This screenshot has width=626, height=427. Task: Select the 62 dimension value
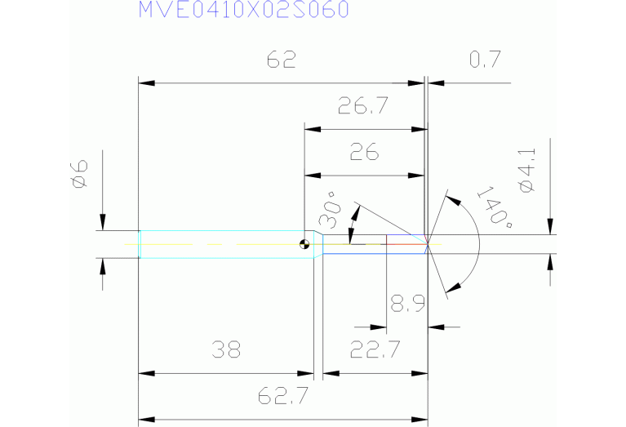281,60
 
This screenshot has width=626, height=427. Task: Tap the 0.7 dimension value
485,60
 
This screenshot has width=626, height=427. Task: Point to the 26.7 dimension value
362,106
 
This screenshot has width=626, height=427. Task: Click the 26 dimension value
364,153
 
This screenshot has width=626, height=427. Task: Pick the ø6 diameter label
79,174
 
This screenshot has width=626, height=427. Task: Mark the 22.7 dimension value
375,350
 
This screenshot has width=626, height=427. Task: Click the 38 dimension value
226,350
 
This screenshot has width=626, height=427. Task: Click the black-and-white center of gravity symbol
304,243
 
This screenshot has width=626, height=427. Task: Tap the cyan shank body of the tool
220,244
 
